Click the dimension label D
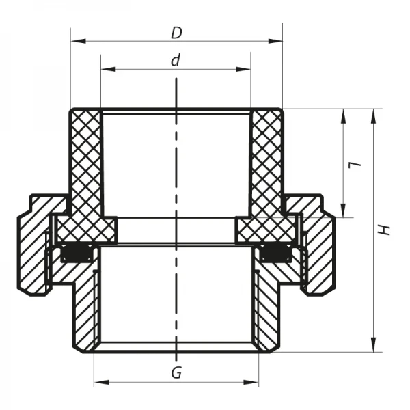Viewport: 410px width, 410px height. tap(176, 32)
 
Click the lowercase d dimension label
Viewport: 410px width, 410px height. tap(176, 60)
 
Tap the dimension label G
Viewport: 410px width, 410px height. tap(176, 373)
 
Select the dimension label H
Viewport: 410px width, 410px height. tap(387, 230)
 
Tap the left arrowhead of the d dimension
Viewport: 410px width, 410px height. tap(105, 69)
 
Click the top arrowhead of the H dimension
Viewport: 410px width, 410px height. tap(373, 113)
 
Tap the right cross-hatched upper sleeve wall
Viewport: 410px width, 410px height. tap(266, 164)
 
